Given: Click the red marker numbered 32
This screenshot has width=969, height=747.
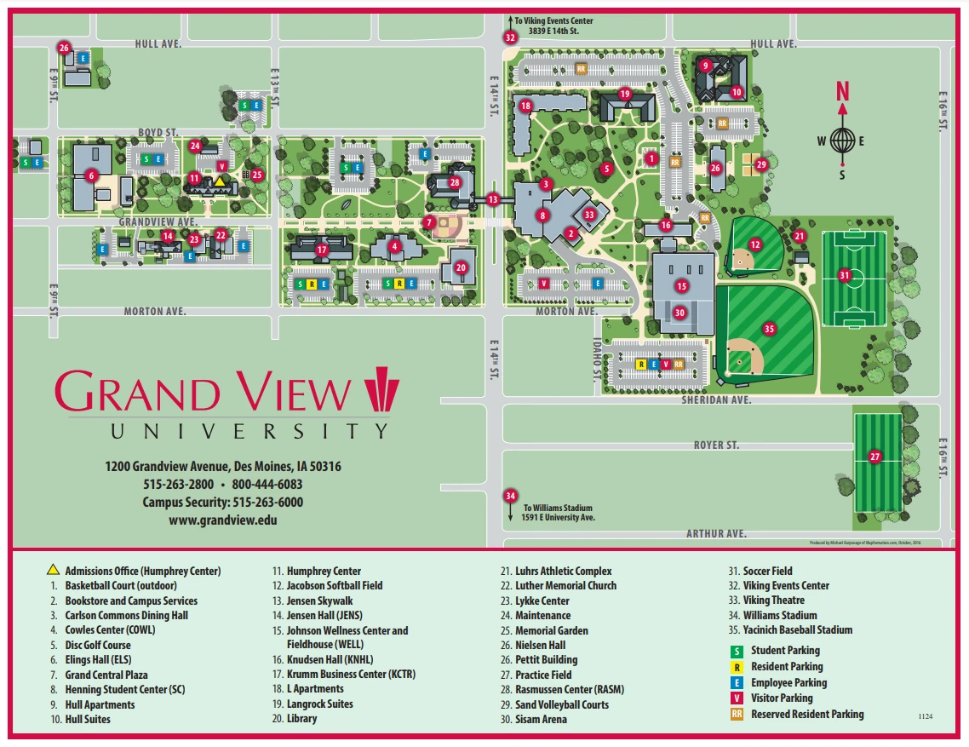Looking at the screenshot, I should click(510, 37).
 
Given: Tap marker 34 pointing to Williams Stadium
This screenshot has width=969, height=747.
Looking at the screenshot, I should click(510, 496).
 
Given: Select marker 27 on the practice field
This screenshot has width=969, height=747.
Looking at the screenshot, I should click(874, 457).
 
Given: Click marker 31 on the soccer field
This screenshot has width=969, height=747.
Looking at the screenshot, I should click(844, 275).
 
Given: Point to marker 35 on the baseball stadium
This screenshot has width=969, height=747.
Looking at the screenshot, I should click(769, 328).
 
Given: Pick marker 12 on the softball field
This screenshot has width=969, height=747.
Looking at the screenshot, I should click(754, 244).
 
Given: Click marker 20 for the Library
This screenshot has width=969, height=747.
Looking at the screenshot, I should click(461, 267).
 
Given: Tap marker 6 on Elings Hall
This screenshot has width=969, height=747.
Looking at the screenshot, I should click(91, 176).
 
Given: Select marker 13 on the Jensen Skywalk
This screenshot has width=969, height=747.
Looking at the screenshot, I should click(493, 198).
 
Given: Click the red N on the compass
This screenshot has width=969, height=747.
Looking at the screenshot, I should click(842, 91).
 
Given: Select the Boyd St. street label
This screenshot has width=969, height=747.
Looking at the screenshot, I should click(158, 132).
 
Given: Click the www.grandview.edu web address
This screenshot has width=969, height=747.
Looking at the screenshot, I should click(222, 520).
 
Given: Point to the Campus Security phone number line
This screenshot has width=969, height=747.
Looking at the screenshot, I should click(222, 503).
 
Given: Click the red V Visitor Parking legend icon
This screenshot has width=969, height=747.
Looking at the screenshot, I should click(737, 698).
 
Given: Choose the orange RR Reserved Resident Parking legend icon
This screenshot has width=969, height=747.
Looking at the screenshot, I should click(737, 715).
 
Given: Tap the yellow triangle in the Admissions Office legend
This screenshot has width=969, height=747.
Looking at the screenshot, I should click(53, 571).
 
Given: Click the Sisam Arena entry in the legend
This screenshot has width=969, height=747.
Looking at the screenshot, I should click(541, 720).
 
